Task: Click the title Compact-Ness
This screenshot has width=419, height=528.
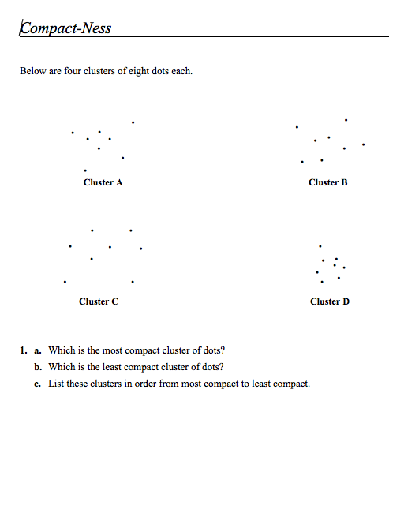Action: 66,28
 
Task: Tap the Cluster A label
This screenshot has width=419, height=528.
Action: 103,182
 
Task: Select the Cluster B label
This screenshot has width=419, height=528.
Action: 327,182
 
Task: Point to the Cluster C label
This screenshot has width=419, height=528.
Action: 99,301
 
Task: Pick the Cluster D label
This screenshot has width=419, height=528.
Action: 330,301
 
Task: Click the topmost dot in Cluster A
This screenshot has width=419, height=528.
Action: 133,122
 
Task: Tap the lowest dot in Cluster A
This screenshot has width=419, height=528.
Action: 85,170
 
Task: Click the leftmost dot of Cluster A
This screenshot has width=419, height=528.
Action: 73,133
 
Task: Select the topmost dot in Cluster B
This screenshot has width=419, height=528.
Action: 346,120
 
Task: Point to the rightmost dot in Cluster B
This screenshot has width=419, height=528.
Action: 363,144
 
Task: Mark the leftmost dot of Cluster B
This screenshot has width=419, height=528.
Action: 297,127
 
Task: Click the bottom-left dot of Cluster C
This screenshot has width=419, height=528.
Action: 65,280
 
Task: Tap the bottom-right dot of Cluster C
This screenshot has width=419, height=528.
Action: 133,281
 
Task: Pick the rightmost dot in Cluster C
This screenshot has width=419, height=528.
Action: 140,249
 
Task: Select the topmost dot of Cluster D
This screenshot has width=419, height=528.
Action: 320,245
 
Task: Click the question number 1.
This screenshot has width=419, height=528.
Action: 24,350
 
